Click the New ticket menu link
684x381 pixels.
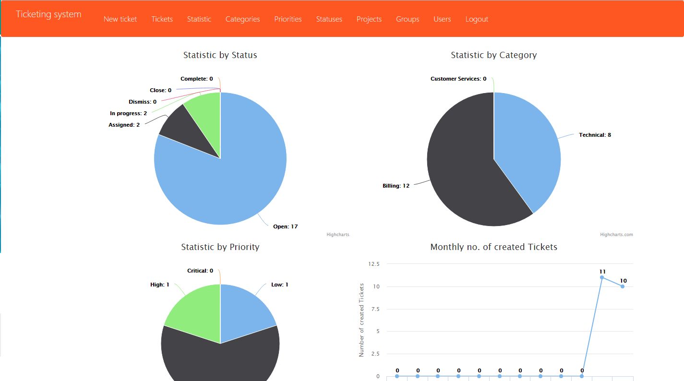pos(120,19)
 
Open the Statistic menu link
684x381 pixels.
pos(199,19)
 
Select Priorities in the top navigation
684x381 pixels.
pos(288,19)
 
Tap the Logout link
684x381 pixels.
pos(477,19)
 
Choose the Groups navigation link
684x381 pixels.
pos(408,19)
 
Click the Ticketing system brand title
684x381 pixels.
pos(48,14)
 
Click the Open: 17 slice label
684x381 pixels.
pos(285,226)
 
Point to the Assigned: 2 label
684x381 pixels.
pos(124,125)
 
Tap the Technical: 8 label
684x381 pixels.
pos(595,135)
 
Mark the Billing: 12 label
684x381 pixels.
pos(396,186)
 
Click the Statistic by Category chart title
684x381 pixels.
pos(493,55)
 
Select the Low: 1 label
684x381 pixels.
pos(280,285)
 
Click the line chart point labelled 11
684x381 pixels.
pos(602,277)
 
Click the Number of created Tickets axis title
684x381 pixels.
pos(361,320)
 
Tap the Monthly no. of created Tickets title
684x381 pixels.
pos(493,247)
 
